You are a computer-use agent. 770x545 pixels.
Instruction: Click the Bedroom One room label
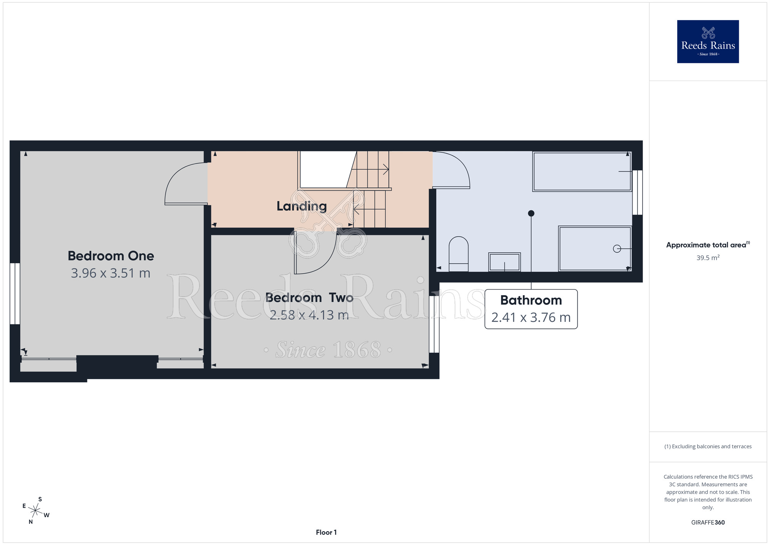click(111, 256)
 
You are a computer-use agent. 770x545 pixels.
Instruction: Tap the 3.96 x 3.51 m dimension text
click(111, 273)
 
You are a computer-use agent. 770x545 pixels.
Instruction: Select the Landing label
click(302, 207)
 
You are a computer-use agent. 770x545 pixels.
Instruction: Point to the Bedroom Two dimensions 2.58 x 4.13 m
click(309, 315)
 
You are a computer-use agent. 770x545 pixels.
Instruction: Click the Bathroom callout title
click(531, 300)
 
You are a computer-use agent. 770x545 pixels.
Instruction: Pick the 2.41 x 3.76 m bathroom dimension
click(531, 318)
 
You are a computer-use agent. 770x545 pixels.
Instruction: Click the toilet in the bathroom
click(459, 254)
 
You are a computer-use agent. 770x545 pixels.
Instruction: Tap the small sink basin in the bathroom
click(504, 262)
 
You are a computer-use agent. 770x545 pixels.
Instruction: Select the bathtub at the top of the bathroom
click(582, 172)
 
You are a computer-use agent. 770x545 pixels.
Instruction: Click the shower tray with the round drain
click(595, 249)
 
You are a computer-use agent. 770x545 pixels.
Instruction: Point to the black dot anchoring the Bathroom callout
click(531, 213)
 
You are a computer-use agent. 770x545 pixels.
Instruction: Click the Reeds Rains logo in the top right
click(708, 42)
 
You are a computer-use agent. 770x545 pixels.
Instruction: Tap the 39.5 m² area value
click(708, 258)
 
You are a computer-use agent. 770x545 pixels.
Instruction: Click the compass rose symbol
click(35, 511)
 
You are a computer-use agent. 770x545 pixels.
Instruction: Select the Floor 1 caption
click(326, 532)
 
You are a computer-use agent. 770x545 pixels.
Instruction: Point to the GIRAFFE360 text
click(708, 523)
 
